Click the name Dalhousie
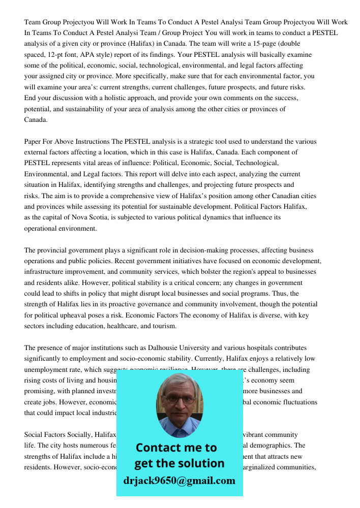pyautogui.click(x=167, y=348)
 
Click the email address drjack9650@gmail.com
pyautogui.click(x=179, y=481)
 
